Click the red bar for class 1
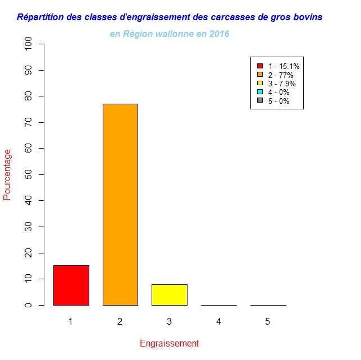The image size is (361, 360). tap(71, 285)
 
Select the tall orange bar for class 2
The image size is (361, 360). tap(120, 204)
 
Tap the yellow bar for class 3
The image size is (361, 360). tap(169, 294)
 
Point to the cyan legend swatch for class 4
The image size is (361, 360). tap(259, 92)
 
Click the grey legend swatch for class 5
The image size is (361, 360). tap(259, 101)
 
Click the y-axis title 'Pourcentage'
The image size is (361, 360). tap(7, 174)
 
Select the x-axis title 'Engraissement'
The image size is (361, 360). tap(169, 343)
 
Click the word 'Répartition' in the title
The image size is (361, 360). tap(40, 17)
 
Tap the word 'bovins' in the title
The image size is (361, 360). tap(308, 17)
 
